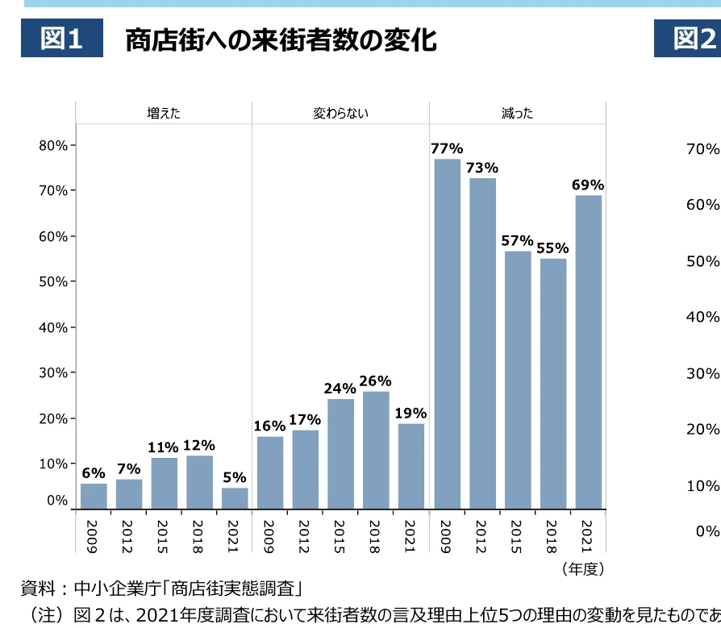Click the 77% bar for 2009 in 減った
[x=447, y=334]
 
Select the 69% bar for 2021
[x=588, y=352]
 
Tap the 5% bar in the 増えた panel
[x=235, y=498]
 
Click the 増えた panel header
[x=164, y=114]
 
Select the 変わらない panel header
[x=340, y=114]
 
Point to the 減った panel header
[x=517, y=114]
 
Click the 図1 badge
[x=62, y=39]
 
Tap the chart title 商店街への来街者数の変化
[x=281, y=40]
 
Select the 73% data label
[x=482, y=168]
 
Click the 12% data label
[x=199, y=445]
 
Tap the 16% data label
[x=269, y=426]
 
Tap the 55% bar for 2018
[x=552, y=384]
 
